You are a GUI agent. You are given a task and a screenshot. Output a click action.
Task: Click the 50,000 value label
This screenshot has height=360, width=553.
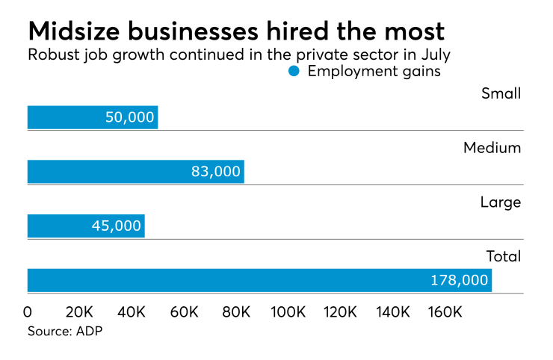point(130,117)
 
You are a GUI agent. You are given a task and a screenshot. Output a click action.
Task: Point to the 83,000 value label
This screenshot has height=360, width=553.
point(216,172)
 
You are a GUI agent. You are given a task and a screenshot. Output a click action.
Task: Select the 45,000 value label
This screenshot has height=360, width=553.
point(117,226)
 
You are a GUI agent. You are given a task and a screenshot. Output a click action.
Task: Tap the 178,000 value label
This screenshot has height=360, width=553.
point(460,280)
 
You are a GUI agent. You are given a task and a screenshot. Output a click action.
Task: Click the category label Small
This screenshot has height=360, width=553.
point(501,93)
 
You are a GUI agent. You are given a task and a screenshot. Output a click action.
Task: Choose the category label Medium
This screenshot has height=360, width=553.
point(492,148)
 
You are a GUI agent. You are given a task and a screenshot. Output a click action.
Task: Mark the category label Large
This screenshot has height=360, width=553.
point(501,202)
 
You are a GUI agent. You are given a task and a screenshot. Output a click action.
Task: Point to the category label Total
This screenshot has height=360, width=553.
point(503,256)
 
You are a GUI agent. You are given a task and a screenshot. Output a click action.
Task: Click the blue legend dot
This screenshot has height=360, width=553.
point(294,72)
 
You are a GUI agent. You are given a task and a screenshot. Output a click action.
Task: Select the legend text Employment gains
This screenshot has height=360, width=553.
point(374,72)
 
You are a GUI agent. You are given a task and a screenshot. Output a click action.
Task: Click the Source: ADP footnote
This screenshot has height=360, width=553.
point(64,331)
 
